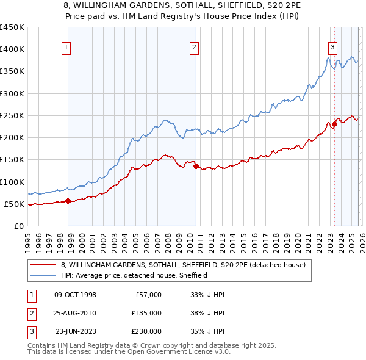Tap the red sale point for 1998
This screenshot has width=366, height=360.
tap(68, 201)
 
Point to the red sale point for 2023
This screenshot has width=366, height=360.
tap(334, 124)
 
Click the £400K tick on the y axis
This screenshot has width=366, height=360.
tap(12, 49)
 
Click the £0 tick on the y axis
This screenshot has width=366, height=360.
tap(19, 226)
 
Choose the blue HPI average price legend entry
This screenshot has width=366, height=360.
tap(134, 275)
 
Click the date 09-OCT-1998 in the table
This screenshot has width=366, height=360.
tap(75, 295)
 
